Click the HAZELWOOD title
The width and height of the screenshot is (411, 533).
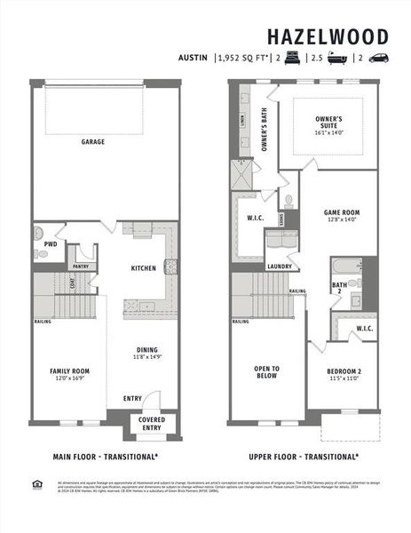[328, 36]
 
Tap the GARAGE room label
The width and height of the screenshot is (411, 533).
[93, 141]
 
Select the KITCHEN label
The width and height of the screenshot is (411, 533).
[144, 267]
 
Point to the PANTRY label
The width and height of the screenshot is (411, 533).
[80, 265]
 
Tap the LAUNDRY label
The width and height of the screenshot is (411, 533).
[280, 266]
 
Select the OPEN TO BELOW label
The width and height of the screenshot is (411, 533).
[266, 372]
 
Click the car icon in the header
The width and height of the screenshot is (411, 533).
[378, 59]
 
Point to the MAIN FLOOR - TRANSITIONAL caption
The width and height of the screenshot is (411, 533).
[106, 457]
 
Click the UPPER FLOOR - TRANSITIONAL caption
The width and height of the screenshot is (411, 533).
[304, 457]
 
